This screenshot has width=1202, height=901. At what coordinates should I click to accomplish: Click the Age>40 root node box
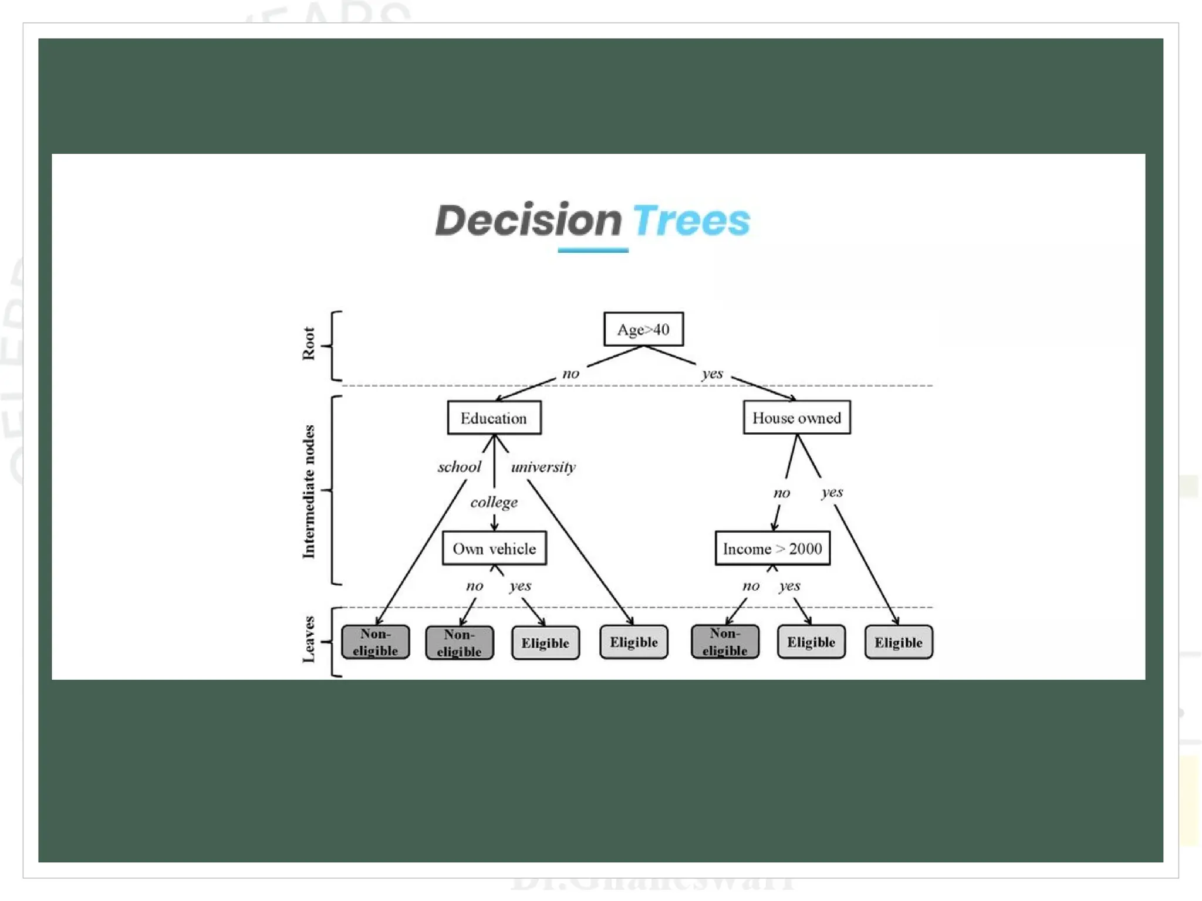(643, 329)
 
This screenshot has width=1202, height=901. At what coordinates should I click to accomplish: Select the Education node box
(494, 418)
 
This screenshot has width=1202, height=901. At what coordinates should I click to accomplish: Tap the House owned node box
(796, 418)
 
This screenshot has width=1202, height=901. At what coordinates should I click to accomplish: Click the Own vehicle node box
(494, 548)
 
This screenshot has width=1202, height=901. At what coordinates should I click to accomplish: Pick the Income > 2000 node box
(772, 548)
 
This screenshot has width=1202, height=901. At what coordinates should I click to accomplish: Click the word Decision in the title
(528, 221)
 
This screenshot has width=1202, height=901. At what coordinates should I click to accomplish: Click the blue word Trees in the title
(691, 221)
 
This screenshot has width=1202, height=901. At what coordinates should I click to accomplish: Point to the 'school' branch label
(459, 467)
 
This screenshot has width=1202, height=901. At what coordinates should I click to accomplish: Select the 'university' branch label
(543, 467)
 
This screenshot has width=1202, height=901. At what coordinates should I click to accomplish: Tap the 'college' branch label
(494, 502)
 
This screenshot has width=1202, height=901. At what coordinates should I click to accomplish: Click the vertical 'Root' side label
(309, 344)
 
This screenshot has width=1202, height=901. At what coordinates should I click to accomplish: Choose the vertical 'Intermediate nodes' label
(309, 492)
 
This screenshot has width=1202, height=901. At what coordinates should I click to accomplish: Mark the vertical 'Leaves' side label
(309, 639)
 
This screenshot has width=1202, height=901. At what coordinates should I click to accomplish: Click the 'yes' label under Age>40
(713, 374)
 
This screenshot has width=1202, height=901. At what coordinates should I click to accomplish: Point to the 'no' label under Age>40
(570, 374)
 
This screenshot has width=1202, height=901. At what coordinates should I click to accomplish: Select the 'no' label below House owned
(781, 493)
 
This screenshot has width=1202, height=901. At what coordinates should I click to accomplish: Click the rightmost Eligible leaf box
(898, 642)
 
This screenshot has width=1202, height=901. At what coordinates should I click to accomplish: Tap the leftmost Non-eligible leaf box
(375, 642)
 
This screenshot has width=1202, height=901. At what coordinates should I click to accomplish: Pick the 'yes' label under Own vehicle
(520, 585)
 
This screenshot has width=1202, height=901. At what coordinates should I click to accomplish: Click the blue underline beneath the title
(593, 250)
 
